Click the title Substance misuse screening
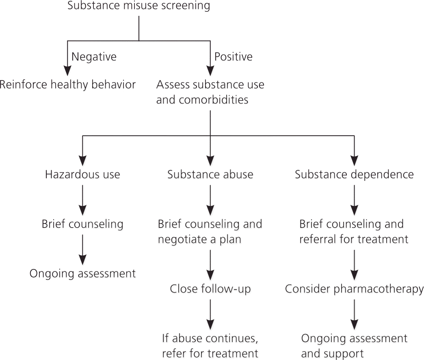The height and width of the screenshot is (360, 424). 139,6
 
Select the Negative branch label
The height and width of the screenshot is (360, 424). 94,57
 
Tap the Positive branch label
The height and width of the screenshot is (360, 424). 233,57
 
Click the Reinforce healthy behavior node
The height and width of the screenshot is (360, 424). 67,85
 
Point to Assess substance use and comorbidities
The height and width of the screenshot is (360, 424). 210,92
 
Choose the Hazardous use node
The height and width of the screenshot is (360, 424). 82,175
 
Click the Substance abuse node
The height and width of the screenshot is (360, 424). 210,175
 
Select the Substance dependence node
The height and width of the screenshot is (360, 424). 354,175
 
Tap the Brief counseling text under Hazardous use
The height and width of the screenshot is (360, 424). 82,224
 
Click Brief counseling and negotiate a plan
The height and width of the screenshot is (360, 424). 210,232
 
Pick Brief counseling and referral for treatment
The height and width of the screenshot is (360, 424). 354,232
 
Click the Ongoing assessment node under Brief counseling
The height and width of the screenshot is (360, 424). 82,273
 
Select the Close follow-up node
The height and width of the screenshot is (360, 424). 210,289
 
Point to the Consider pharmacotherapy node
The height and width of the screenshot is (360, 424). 354,289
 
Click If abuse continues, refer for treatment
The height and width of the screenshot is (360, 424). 210,345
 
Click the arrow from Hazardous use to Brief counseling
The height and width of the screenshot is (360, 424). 82,200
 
